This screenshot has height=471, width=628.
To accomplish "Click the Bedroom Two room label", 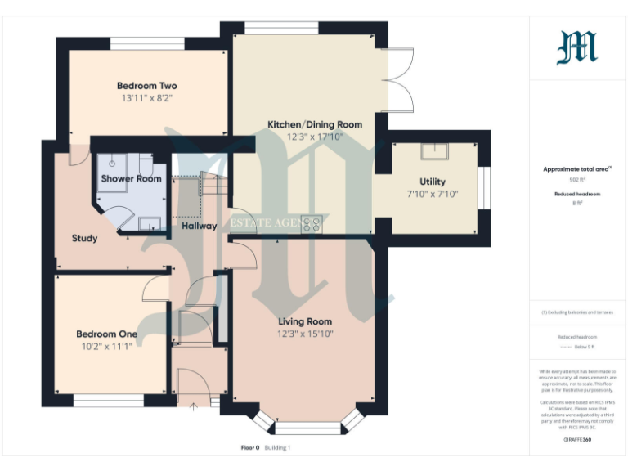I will pyautogui.click(x=146, y=86).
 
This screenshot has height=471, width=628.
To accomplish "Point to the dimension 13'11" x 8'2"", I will pyautogui.click(x=146, y=98).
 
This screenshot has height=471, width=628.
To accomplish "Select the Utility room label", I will pyautogui.click(x=432, y=182).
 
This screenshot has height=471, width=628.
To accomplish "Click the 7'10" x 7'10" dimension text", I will pyautogui.click(x=432, y=194).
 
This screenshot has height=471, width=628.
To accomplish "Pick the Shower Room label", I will pyautogui.click(x=131, y=178).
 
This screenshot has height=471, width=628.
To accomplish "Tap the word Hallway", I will pyautogui.click(x=199, y=226).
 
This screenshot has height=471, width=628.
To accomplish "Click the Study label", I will pyautogui.click(x=84, y=239).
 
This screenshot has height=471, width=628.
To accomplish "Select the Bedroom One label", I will pyautogui.click(x=106, y=334).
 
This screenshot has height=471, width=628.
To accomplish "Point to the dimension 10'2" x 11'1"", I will pyautogui.click(x=106, y=346).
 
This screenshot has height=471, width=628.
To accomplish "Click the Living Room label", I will pyautogui.click(x=305, y=321).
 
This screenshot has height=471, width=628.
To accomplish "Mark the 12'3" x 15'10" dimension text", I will pyautogui.click(x=305, y=334).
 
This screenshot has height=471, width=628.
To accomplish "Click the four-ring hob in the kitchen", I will pyautogui.click(x=312, y=223).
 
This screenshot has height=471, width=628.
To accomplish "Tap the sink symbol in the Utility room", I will pyautogui.click(x=432, y=151).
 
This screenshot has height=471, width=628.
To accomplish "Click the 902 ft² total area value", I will pyautogui.click(x=576, y=178).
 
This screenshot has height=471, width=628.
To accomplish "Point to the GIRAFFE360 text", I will pyautogui.click(x=577, y=440).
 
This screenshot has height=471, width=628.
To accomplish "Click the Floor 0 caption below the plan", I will pyautogui.click(x=249, y=447).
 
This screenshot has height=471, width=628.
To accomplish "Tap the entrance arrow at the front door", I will pyautogui.click(x=194, y=403).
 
